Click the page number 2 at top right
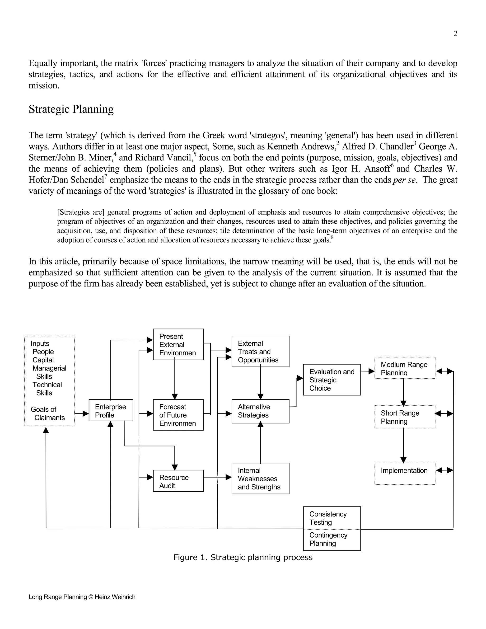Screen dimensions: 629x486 (x=455, y=34)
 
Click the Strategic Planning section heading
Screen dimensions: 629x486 (x=71, y=109)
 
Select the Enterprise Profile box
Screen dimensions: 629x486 (x=111, y=410)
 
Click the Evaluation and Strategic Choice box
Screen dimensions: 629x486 (x=332, y=380)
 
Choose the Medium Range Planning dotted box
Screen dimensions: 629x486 (x=405, y=368)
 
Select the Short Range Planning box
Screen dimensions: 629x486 (x=405, y=417)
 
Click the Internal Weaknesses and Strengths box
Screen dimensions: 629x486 (x=260, y=479)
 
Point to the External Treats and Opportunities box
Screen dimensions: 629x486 (x=260, y=351)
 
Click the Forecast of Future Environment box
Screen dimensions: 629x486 (x=178, y=415)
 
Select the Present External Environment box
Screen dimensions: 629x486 (x=178, y=344)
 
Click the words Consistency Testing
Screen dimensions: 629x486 (x=328, y=518)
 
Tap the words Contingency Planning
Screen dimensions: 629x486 (x=328, y=539)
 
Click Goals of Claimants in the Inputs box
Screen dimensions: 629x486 (x=47, y=413)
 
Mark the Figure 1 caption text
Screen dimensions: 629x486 (x=243, y=558)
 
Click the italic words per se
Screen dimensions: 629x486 (x=405, y=180)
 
